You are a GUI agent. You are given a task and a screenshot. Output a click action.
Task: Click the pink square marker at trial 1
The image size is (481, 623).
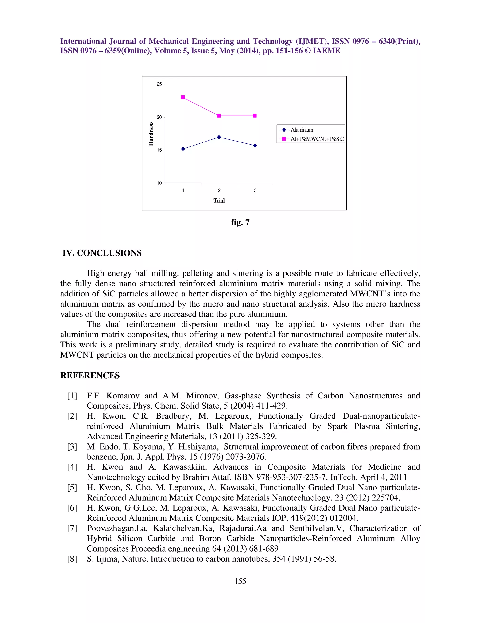(x=183, y=97)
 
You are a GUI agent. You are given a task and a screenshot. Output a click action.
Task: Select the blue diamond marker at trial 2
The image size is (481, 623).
(x=219, y=137)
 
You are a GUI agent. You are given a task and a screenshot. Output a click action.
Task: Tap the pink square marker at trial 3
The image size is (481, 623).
(x=255, y=115)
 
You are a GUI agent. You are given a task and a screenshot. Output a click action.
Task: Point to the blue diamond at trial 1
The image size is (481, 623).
(x=183, y=149)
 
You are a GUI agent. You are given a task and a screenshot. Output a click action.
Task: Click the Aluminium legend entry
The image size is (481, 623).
(x=302, y=130)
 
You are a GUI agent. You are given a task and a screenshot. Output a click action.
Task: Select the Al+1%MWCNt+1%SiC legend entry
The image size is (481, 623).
(x=317, y=139)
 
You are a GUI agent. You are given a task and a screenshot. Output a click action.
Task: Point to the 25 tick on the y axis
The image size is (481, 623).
(x=159, y=84)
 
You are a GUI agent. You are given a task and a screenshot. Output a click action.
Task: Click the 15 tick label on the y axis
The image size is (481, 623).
(x=159, y=150)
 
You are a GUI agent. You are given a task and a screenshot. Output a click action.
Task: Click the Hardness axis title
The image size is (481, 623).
(x=151, y=134)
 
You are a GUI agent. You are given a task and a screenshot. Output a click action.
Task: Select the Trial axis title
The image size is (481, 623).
(x=219, y=201)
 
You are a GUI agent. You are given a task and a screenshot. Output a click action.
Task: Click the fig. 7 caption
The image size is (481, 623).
(x=240, y=222)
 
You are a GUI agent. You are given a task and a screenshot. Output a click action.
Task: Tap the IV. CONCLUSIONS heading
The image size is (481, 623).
(x=102, y=253)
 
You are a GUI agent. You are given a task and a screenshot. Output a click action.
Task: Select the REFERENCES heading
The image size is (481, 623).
(x=90, y=375)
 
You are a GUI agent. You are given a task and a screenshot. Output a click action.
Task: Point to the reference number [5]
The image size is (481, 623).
(x=72, y=488)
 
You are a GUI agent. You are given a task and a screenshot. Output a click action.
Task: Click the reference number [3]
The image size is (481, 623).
(x=72, y=447)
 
